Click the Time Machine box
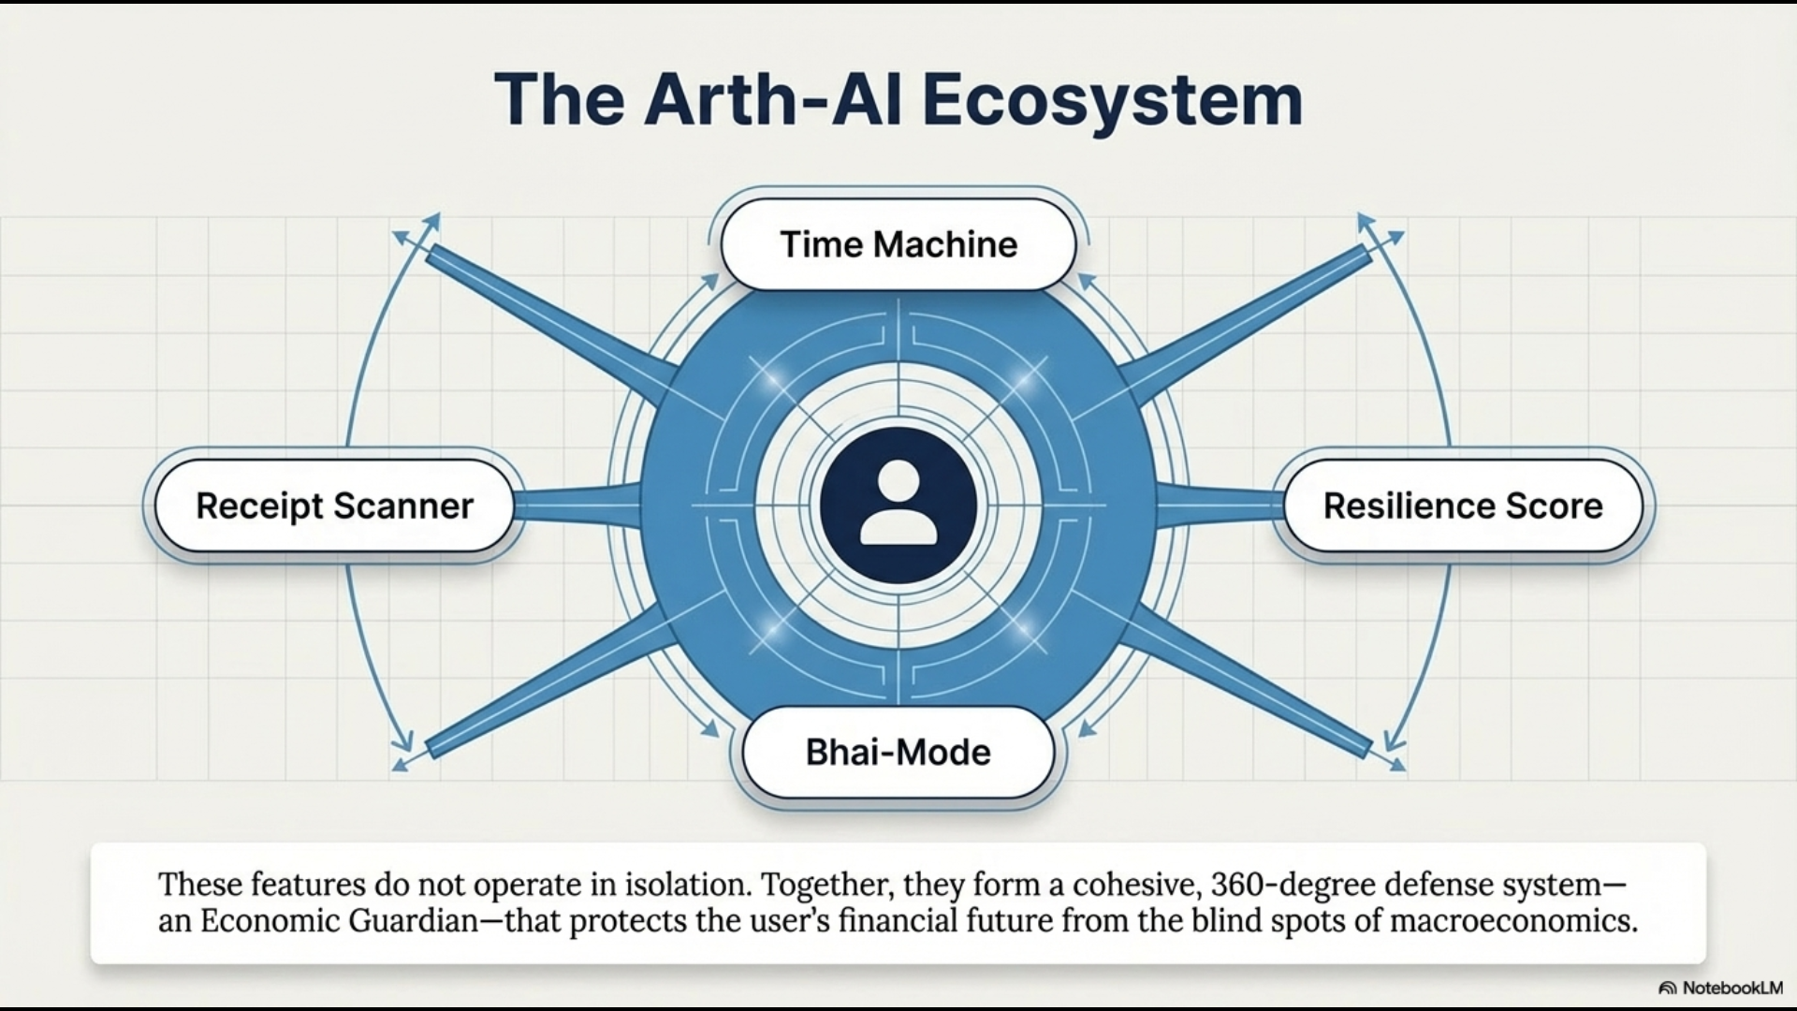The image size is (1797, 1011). click(x=898, y=244)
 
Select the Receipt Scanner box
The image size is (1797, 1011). click(x=334, y=505)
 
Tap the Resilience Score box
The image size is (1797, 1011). click(x=1462, y=505)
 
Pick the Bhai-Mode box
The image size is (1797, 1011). click(x=898, y=753)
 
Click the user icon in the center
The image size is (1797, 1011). click(x=898, y=505)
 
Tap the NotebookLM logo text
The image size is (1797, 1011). click(x=1731, y=988)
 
